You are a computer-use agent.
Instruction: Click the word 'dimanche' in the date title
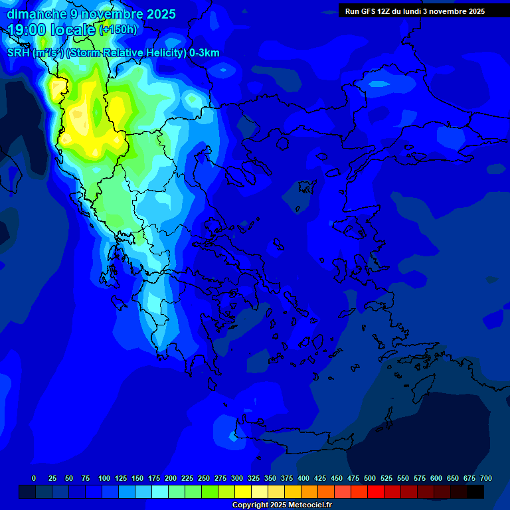click(37, 14)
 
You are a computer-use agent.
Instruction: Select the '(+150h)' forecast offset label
click(118, 30)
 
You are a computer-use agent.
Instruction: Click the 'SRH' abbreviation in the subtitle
click(18, 53)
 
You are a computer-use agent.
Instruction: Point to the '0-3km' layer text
click(205, 53)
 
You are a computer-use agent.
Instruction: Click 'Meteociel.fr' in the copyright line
click(307, 505)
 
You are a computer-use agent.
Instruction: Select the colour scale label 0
click(34, 478)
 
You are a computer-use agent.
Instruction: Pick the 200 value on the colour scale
click(171, 478)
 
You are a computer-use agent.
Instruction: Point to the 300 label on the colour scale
click(237, 478)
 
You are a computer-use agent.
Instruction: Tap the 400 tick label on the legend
click(303, 478)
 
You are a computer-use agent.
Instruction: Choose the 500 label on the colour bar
click(370, 478)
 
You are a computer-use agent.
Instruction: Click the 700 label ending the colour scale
click(486, 478)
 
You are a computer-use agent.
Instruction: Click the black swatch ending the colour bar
click(475, 492)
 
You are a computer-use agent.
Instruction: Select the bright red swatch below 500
click(376, 492)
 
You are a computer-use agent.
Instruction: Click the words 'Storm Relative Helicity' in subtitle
click(126, 53)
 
